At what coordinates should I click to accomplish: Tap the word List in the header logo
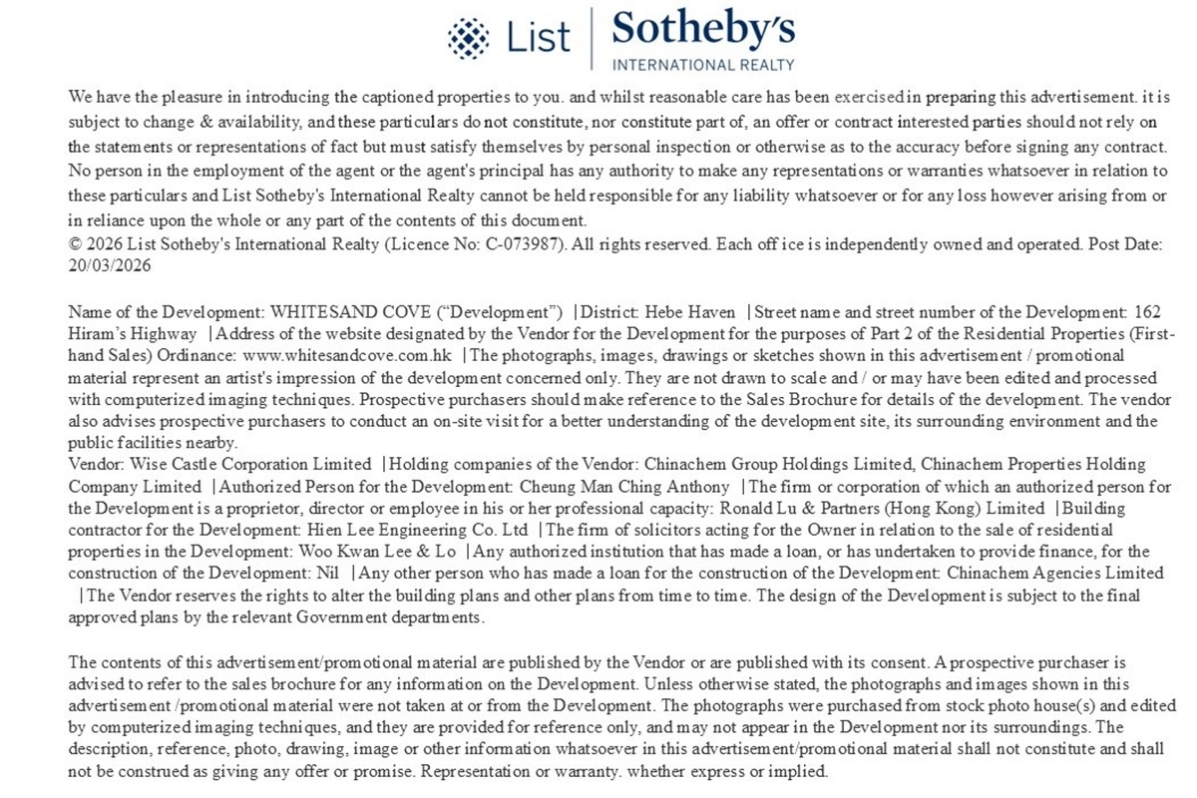click(539, 38)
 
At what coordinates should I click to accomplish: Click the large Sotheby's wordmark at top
click(703, 30)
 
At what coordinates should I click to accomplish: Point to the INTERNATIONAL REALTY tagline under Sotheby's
click(703, 65)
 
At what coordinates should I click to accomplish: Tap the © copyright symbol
click(75, 243)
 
